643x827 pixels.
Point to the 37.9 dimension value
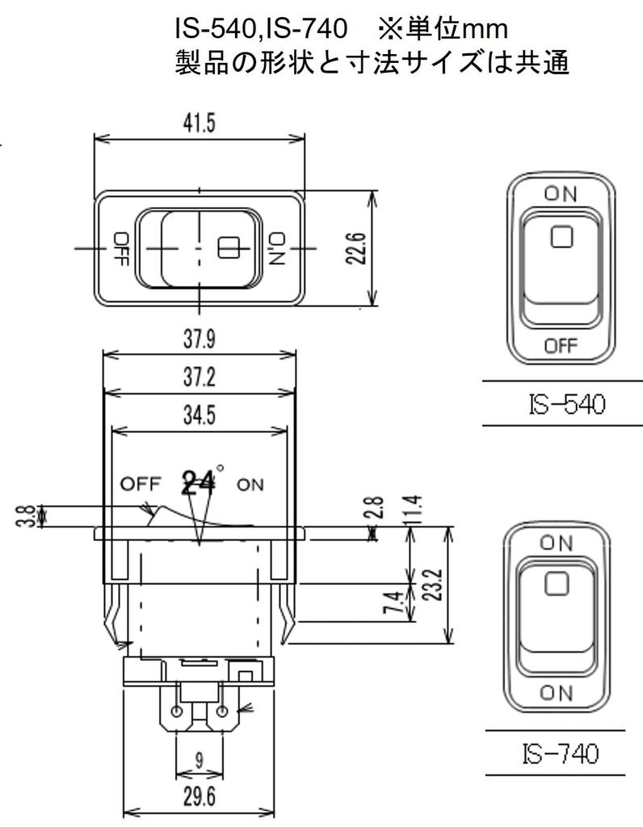(199, 339)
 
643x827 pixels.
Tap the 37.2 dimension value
(199, 378)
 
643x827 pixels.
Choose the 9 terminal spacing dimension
(199, 759)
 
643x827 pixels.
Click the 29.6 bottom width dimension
(199, 798)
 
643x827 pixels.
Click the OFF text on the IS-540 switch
(561, 346)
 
